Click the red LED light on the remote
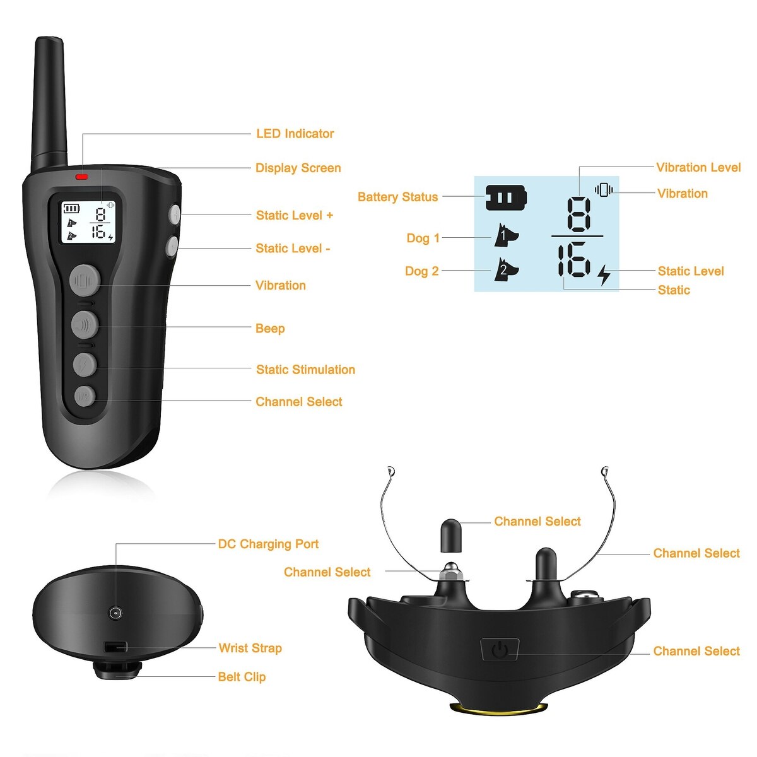[82, 177]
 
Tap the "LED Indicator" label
[295, 134]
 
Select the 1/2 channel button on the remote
[85, 397]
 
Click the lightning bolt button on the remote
[85, 365]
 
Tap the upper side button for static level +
[175, 214]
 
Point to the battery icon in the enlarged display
[506, 197]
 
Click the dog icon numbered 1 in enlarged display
[505, 235]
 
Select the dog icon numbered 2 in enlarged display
[505, 269]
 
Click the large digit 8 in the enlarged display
[579, 214]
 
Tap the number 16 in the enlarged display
[574, 259]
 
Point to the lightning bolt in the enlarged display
[604, 275]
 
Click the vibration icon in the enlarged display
[604, 190]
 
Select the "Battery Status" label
[397, 197]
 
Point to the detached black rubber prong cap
[451, 536]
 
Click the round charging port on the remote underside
[115, 612]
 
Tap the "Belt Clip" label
[242, 677]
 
